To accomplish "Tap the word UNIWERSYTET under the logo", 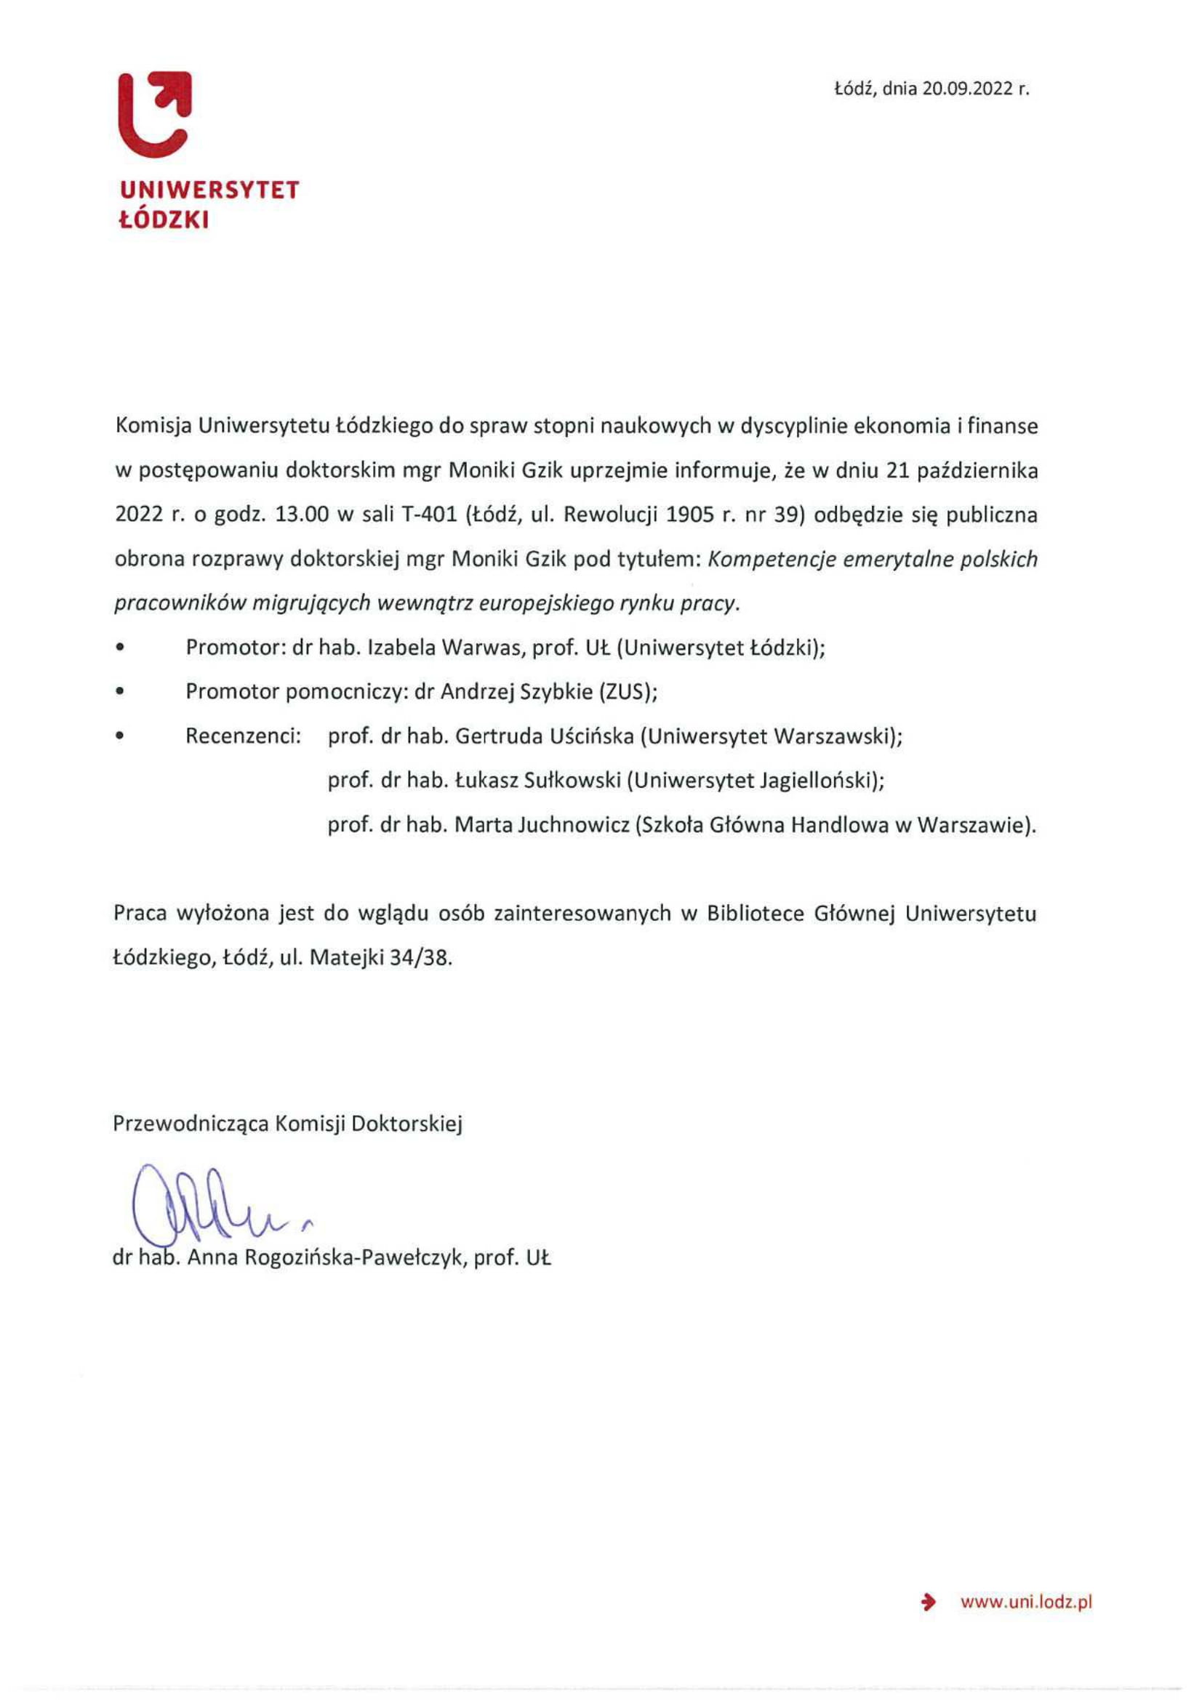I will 209,191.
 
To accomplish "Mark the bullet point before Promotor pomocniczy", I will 120,693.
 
